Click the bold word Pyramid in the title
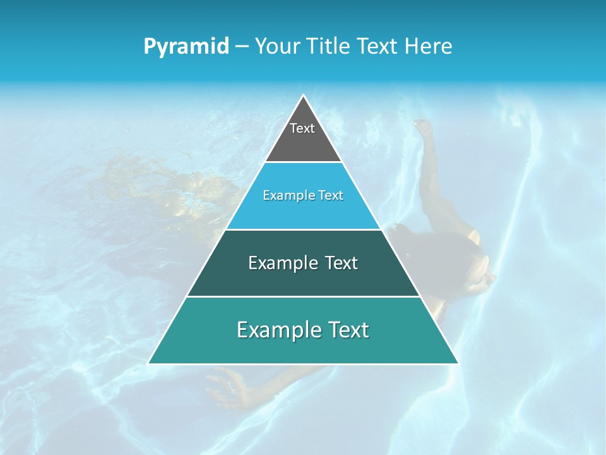point(186,46)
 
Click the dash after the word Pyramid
point(242,47)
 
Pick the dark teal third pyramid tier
point(303,278)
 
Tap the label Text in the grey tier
point(302,128)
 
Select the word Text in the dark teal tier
point(342,263)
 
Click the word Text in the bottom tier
point(348,330)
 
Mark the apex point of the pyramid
point(303,95)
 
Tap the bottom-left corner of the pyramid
point(148,363)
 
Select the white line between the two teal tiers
point(303,296)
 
